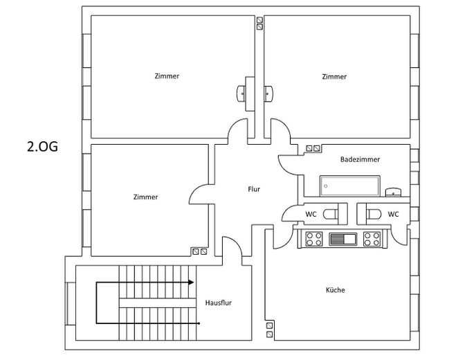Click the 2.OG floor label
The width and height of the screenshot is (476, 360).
pyautogui.click(x=42, y=147)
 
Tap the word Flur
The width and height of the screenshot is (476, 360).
pyautogui.click(x=254, y=189)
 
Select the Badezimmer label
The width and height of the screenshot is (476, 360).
pyautogui.click(x=360, y=159)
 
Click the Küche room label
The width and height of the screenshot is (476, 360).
pyautogui.click(x=335, y=290)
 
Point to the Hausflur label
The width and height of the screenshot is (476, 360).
pyautogui.click(x=218, y=303)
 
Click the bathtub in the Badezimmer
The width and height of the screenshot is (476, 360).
pyautogui.click(x=349, y=186)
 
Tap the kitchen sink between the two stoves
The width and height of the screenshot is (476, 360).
pyautogui.click(x=343, y=239)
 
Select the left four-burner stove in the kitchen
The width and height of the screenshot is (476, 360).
pyautogui.click(x=314, y=239)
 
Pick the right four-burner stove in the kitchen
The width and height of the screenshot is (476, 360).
pyautogui.click(x=372, y=239)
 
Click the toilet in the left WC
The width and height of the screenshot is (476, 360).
pyautogui.click(x=331, y=214)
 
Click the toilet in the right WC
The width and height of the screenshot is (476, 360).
pyautogui.click(x=374, y=214)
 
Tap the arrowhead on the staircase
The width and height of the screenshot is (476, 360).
pyautogui.click(x=191, y=282)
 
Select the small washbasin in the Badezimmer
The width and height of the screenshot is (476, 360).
pyautogui.click(x=393, y=192)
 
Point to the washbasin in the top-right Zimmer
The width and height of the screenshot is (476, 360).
pyautogui.click(x=268, y=93)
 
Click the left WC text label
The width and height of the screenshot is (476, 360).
pyautogui.click(x=311, y=214)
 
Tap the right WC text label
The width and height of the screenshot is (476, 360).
pyautogui.click(x=393, y=214)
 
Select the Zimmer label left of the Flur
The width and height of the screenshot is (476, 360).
pyautogui.click(x=145, y=197)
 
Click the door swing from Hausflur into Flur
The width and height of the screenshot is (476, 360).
pyautogui.click(x=237, y=243)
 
